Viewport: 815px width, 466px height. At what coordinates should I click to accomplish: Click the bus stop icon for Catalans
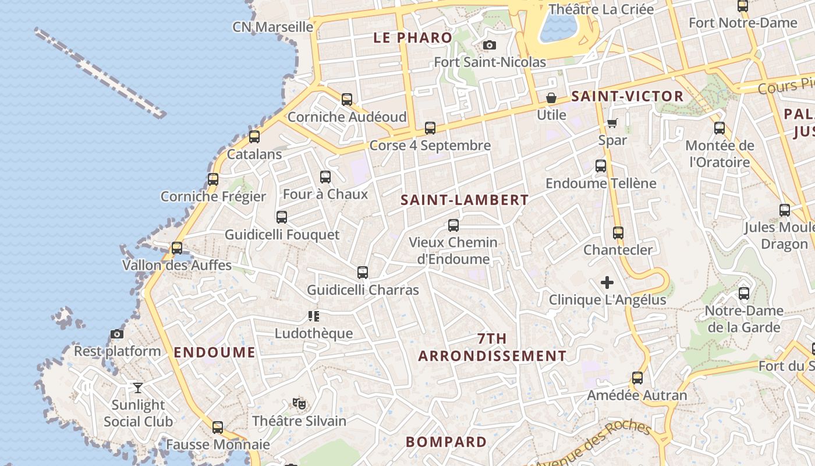click(254, 137)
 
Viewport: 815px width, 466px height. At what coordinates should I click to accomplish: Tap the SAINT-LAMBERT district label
click(465, 200)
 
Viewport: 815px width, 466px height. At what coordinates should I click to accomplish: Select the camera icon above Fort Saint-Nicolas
click(490, 45)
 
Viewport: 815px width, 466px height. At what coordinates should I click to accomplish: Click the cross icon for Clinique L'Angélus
click(607, 283)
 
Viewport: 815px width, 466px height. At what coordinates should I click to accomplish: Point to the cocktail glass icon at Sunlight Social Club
click(137, 387)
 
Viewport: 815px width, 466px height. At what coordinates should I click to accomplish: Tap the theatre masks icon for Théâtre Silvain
click(299, 403)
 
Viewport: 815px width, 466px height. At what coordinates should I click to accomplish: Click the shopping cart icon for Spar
click(612, 123)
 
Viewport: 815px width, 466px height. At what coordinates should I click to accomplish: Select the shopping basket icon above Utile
click(551, 98)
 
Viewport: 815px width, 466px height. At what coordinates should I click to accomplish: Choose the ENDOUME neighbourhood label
click(214, 352)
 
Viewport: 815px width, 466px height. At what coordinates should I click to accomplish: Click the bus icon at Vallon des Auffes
click(177, 248)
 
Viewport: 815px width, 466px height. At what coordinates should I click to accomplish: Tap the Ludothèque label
click(314, 334)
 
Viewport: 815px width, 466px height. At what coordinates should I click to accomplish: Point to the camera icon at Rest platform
click(117, 334)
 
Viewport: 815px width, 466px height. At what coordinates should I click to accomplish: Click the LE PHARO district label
click(412, 38)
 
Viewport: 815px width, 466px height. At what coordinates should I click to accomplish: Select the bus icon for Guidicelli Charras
click(363, 272)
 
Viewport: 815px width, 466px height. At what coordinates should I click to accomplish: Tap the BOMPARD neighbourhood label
click(446, 442)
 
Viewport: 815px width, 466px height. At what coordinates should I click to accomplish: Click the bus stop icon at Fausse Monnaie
click(218, 428)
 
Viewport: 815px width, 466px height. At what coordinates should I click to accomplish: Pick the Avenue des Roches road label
click(594, 444)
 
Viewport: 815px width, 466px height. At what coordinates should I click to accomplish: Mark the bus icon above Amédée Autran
click(637, 378)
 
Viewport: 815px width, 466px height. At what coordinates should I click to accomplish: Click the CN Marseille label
click(272, 27)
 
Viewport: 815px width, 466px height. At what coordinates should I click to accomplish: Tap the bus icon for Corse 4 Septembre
click(430, 128)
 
